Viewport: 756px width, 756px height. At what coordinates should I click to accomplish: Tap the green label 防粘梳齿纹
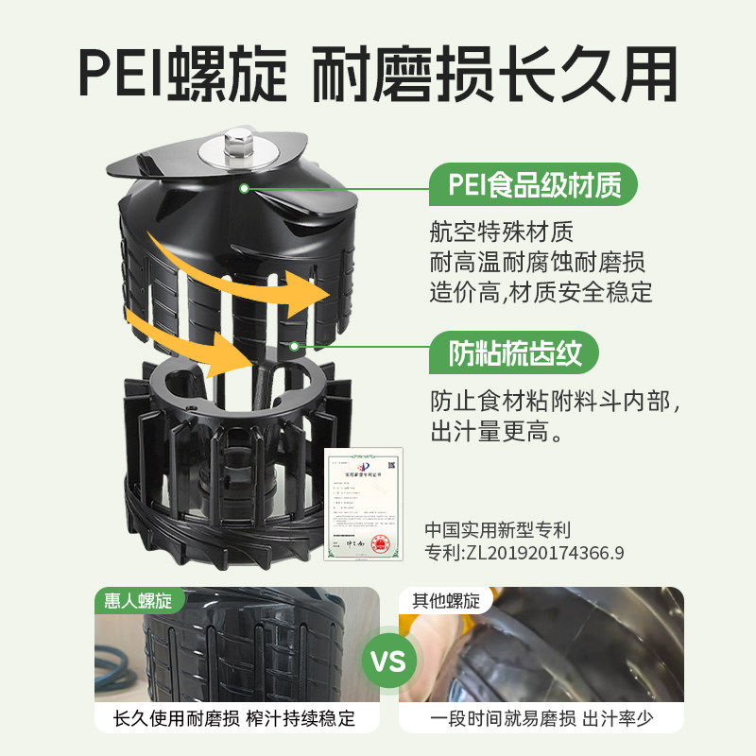[523, 353]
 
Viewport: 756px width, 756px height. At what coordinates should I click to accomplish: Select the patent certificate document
[364, 504]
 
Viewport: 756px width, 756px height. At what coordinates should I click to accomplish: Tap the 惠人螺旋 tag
[140, 600]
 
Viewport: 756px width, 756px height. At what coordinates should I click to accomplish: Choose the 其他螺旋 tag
[445, 600]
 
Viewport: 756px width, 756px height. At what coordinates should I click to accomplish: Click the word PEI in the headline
[116, 73]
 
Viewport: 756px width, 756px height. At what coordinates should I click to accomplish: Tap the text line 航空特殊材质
[501, 232]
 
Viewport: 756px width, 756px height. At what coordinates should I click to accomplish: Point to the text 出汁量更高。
[498, 434]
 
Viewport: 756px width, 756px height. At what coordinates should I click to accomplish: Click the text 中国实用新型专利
[498, 530]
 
